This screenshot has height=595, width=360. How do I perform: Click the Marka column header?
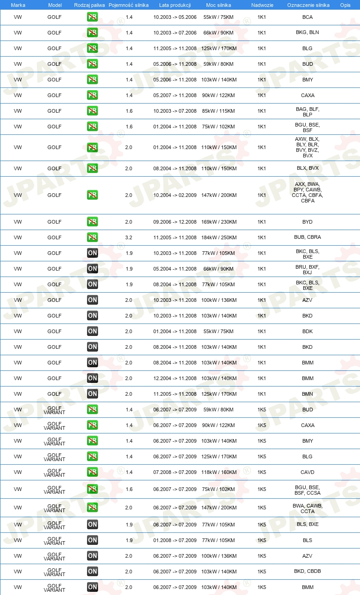18,5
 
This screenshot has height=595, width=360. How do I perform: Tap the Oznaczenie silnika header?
308,5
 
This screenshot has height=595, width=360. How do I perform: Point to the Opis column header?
345,5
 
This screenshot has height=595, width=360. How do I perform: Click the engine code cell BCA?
308,17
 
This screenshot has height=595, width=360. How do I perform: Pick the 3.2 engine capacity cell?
129,237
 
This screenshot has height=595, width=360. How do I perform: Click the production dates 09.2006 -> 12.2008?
175,222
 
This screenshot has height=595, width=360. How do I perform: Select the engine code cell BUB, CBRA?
308,237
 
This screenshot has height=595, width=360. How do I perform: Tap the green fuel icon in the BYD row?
93,222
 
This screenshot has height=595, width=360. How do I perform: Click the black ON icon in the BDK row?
93,331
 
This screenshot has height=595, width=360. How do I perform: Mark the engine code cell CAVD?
308,472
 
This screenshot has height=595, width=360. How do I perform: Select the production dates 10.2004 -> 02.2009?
175,195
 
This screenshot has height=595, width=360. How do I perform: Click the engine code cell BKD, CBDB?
308,572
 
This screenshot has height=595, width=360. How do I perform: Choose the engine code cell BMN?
308,394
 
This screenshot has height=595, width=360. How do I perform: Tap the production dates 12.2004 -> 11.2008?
175,378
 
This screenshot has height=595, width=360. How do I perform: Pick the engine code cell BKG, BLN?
308,33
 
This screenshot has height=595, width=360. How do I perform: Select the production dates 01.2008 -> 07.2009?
175,540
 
